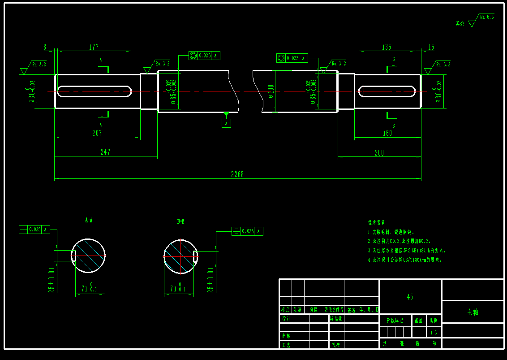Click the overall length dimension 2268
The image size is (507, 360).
pos(237,174)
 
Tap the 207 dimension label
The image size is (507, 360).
pos(97,133)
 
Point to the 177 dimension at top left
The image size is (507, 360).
pos(94,47)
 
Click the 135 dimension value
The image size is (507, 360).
pos(386,47)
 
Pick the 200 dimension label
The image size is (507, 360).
pos(379,153)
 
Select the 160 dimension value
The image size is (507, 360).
pos(387,133)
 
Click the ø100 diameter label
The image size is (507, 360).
pos(271,91)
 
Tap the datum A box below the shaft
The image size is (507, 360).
pos(227,123)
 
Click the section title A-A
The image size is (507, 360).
pos(89,220)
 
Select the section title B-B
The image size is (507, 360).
pos(181,221)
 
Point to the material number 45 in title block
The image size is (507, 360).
pos(410,297)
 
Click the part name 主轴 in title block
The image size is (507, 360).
pos(473,312)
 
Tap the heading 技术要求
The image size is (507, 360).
pos(376,222)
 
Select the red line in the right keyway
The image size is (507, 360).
pos(364,91)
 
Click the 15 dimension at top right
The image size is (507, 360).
pos(431,47)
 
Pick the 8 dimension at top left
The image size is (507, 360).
pos(45,47)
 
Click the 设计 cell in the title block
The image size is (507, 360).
pos(286,319)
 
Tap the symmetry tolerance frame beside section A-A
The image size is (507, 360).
pos(34,230)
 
